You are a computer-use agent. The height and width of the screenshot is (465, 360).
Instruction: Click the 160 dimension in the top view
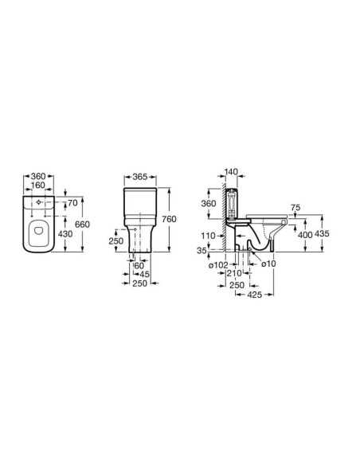pos(38,185)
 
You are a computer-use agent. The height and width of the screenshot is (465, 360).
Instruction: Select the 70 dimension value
pos(72,203)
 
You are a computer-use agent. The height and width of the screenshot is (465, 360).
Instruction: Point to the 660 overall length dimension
pos(82,225)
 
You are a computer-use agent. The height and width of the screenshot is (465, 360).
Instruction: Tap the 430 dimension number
pos(65,234)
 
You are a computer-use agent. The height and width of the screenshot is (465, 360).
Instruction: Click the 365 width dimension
pos(139,177)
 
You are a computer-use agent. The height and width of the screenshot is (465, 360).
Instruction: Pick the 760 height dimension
pos(170,219)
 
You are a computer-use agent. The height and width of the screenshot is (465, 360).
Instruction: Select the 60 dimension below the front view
pos(139,266)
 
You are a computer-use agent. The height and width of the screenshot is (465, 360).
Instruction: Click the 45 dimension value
pos(144,275)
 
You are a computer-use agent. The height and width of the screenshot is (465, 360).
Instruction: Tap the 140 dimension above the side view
pos(231,172)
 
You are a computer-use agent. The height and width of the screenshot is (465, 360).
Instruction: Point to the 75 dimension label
pos(295,208)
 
